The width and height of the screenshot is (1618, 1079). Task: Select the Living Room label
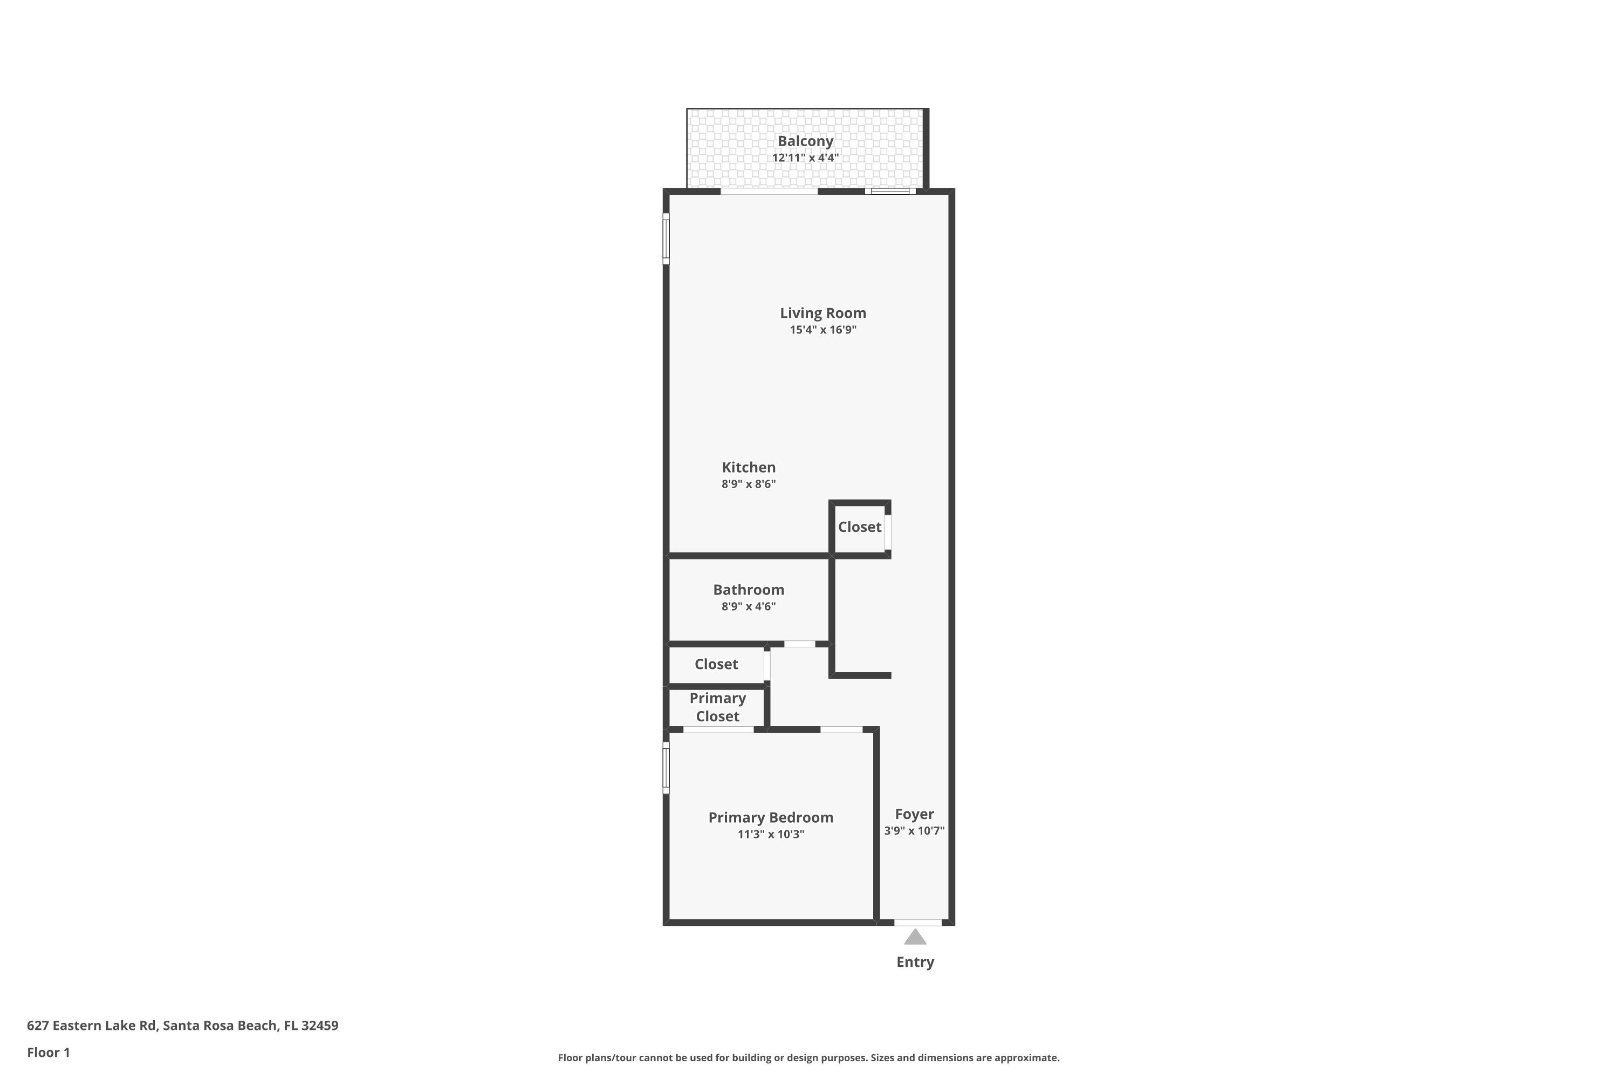pos(823,313)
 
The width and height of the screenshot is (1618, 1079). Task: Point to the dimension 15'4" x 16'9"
pos(823,330)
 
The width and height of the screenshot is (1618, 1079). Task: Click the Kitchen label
pos(749,467)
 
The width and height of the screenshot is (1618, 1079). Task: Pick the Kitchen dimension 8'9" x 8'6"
pos(749,484)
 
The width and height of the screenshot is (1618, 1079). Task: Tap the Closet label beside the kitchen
pos(859,527)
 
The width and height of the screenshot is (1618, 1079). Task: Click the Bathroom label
pos(749,590)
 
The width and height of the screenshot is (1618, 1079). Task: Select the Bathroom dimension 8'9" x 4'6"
pos(749,606)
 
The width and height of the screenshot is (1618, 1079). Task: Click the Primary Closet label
pos(717,707)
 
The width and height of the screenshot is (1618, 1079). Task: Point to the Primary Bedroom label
pos(771,817)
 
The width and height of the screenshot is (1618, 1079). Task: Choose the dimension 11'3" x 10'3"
pos(771,834)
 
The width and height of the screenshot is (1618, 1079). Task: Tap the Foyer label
pos(914,814)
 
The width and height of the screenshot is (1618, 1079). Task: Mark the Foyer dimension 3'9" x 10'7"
pos(914,831)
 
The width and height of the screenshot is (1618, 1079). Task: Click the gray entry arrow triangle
pos(915,937)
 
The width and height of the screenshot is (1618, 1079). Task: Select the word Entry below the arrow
pos(915,962)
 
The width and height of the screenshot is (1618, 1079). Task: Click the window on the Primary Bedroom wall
pos(666,767)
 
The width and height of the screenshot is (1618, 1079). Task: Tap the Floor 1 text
pos(48,1052)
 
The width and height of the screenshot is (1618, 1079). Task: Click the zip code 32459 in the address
pos(319,1026)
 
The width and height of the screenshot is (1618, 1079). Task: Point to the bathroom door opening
pos(799,644)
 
